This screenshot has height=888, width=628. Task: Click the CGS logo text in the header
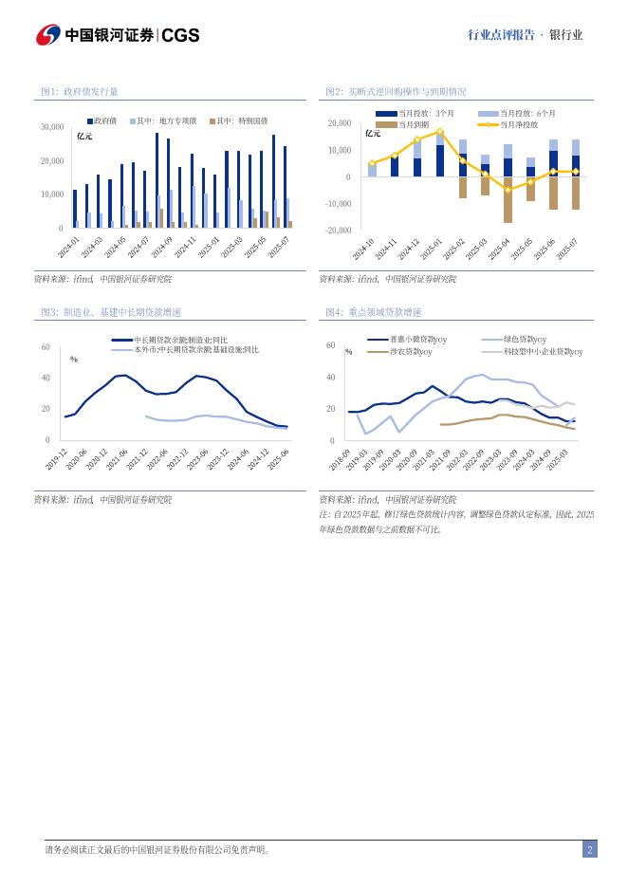(180, 35)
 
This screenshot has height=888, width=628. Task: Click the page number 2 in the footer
(589, 850)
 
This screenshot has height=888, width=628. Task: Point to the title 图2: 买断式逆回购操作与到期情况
(396, 92)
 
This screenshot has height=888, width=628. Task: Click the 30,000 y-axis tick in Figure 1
(52, 126)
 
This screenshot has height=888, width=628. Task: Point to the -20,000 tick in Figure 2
(339, 231)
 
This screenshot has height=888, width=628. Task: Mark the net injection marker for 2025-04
(508, 190)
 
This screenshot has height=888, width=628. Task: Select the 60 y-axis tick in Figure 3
(46, 348)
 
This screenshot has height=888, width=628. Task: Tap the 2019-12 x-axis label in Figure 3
(56, 460)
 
